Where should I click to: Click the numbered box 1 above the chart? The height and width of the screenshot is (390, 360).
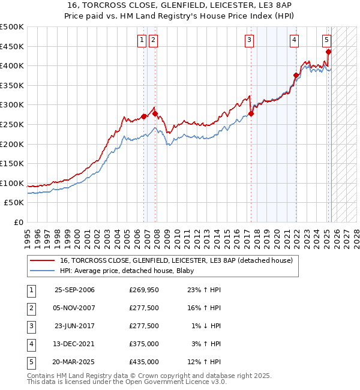[142, 40]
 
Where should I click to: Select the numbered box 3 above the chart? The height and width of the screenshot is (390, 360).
[248, 40]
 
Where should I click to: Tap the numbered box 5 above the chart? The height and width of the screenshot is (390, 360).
[326, 40]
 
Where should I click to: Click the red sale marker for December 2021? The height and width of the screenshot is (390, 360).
[296, 76]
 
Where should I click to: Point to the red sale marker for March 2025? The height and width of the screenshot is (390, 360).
[328, 52]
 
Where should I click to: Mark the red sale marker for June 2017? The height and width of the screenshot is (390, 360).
[251, 114]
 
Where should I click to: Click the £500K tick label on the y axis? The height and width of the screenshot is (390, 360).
[12, 27]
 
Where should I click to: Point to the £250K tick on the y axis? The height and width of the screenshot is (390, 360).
[12, 124]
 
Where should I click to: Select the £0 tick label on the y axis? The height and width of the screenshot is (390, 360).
[19, 222]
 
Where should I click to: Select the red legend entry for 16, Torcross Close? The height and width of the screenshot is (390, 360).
[176, 260]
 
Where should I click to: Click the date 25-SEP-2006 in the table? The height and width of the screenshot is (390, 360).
[74, 290]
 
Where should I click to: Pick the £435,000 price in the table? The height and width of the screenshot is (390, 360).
[143, 362]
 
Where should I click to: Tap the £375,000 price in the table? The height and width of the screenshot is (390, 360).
[143, 344]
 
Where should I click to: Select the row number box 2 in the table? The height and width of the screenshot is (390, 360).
[31, 308]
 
